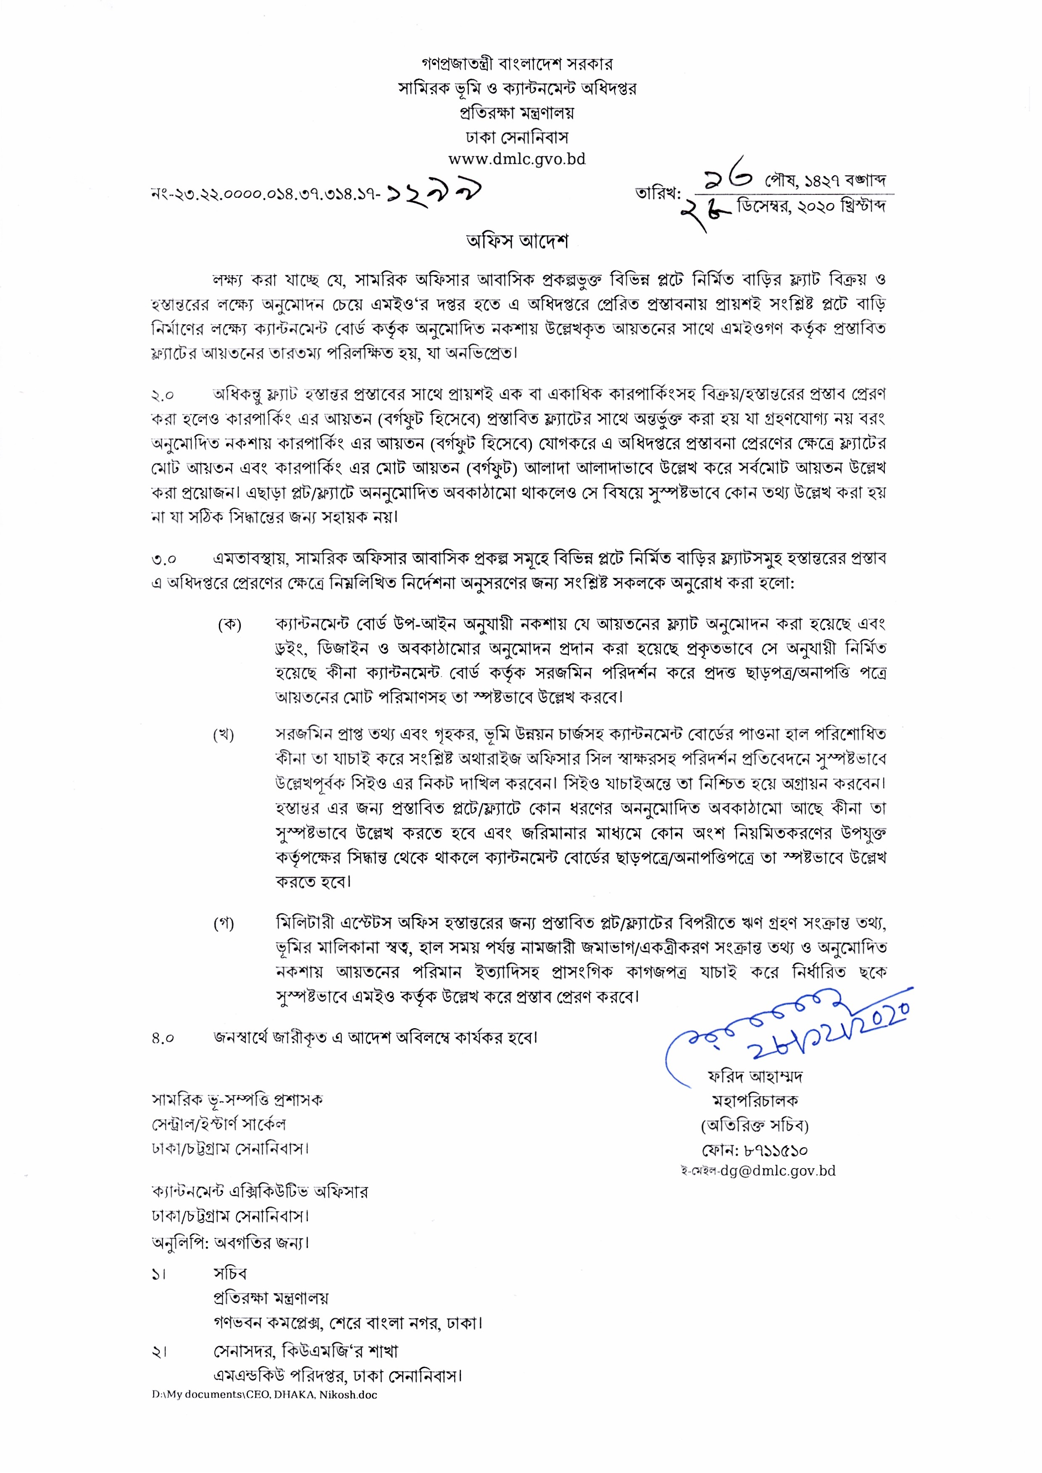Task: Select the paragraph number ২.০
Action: pos(163,395)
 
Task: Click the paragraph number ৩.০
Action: pos(163,559)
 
